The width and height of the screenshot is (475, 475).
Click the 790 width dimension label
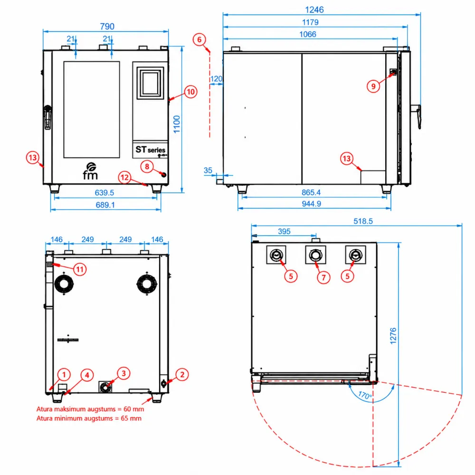[x=107, y=26]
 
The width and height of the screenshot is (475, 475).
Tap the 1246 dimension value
[x=314, y=9]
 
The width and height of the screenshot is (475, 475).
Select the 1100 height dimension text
[x=177, y=124]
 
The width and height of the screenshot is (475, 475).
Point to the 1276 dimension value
[x=393, y=336]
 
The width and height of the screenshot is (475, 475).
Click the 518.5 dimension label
[x=363, y=221]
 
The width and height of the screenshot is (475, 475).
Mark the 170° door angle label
[x=365, y=395]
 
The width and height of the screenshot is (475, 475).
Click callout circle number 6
[x=199, y=39]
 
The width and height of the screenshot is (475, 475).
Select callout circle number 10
[x=190, y=92]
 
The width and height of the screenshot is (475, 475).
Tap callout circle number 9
[x=373, y=86]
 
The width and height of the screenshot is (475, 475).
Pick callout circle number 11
[x=80, y=269]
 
